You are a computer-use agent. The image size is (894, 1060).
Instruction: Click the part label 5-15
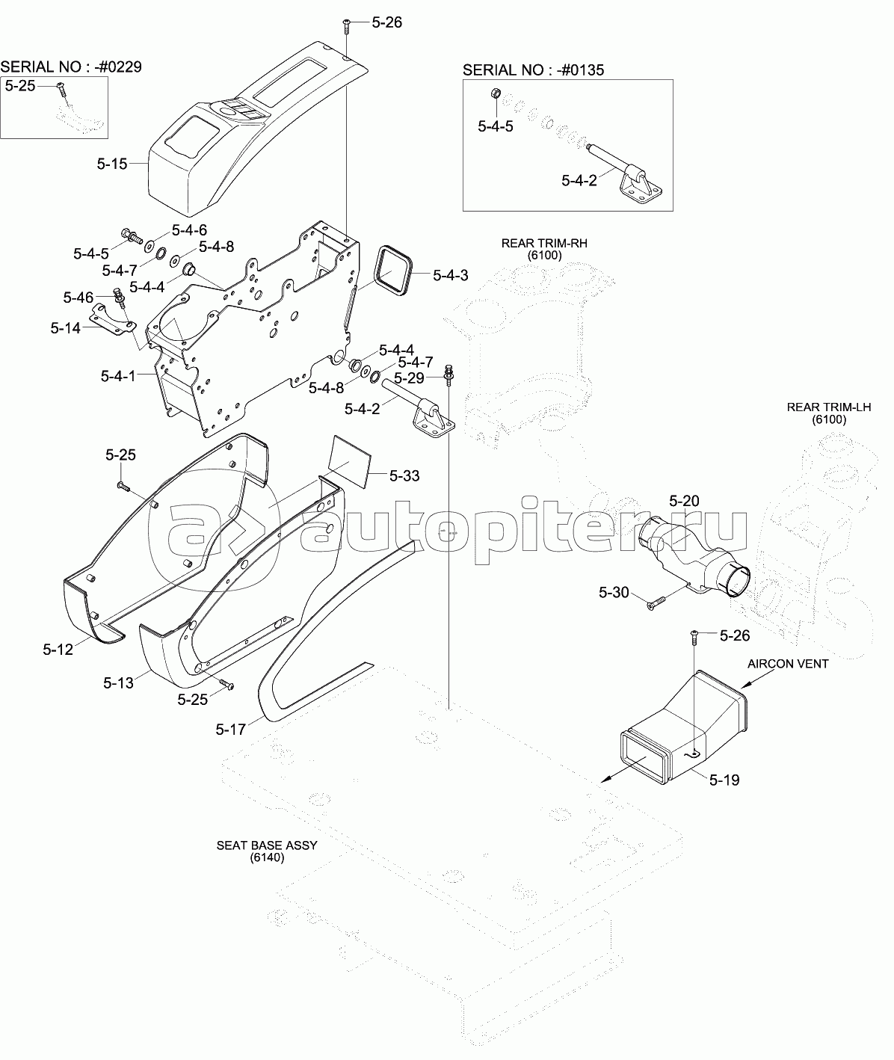112,163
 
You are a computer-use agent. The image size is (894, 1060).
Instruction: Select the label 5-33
405,475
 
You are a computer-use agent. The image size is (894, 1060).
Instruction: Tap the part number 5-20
684,501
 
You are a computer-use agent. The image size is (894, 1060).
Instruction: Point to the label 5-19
724,780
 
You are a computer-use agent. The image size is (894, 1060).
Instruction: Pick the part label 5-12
58,649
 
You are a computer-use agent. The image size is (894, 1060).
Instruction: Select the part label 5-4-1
118,375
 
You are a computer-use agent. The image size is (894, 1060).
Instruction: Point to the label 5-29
409,378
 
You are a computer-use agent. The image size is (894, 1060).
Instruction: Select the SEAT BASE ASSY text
267,845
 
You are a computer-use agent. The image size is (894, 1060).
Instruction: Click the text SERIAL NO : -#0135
534,70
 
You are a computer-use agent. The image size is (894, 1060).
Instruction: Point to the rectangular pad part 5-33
350,459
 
